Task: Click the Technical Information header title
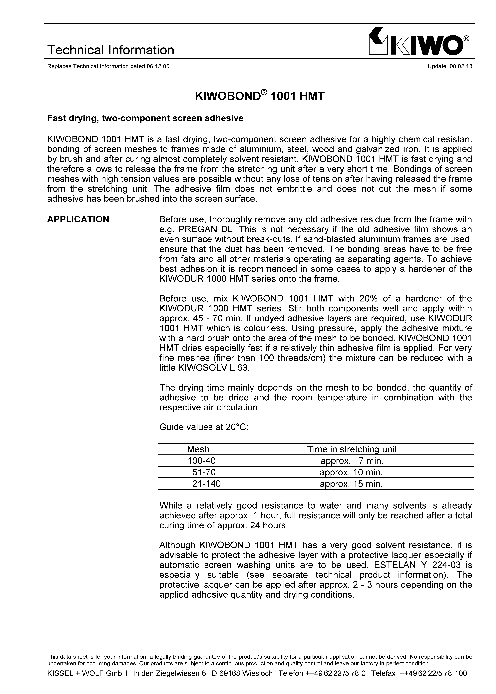pos(111,50)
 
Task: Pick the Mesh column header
pos(198,449)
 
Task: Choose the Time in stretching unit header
pos(352,449)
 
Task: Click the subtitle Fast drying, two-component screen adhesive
pos(145,118)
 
